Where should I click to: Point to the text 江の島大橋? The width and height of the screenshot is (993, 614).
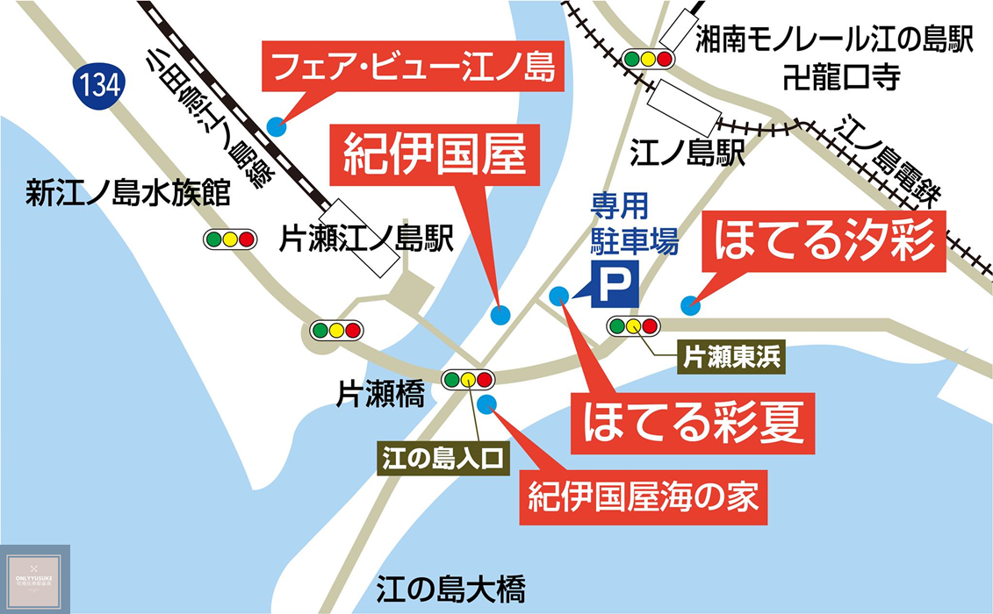(x=451, y=587)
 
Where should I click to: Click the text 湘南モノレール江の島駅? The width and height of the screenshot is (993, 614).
(x=836, y=39)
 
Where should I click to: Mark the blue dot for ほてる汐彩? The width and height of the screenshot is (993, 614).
(x=690, y=305)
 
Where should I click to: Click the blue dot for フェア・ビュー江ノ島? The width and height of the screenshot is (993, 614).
(x=277, y=126)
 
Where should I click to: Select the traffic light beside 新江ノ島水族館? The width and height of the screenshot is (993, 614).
(x=229, y=239)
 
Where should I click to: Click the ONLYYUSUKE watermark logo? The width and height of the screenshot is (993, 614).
(x=35, y=580)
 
